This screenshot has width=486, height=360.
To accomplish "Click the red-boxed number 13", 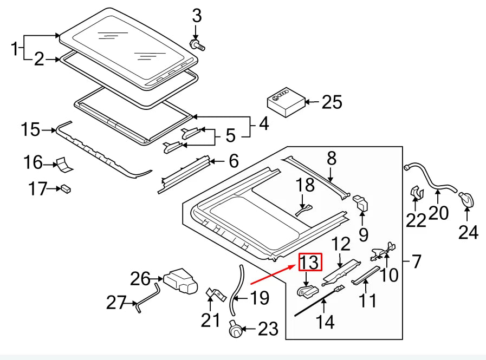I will click(x=310, y=262).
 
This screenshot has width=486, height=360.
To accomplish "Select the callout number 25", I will click(x=332, y=101).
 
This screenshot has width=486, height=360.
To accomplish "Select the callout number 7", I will click(x=416, y=262).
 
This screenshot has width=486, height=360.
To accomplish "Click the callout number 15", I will click(x=30, y=130).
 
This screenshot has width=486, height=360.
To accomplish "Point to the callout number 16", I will click(x=33, y=162).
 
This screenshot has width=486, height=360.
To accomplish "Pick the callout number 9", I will click(x=363, y=234).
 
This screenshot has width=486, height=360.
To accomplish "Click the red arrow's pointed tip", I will click(x=297, y=265).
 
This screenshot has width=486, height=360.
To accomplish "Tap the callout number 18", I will click(x=306, y=185).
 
